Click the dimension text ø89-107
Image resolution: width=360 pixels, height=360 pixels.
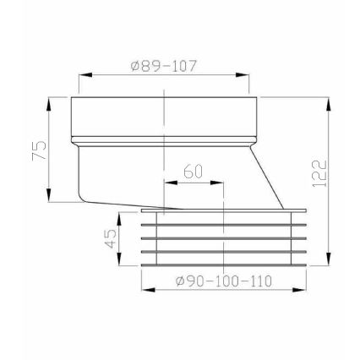pos(164,67)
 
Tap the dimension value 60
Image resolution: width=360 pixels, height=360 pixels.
pos(194,172)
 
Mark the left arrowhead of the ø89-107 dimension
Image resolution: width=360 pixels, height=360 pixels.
pos(85,76)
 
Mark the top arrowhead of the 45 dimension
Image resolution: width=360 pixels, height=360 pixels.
pos(121,217)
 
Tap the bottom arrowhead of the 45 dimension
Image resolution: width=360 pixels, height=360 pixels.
pos(121,259)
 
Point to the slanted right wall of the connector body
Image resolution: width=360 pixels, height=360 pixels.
pos(266,178)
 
